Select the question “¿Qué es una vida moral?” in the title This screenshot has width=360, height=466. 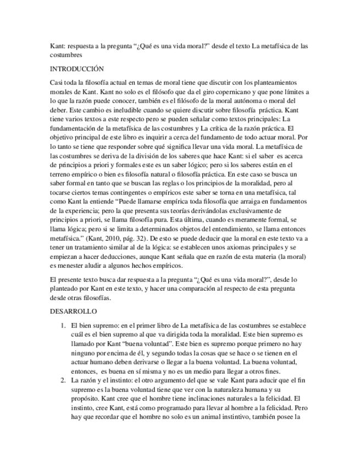(x=175, y=46)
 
